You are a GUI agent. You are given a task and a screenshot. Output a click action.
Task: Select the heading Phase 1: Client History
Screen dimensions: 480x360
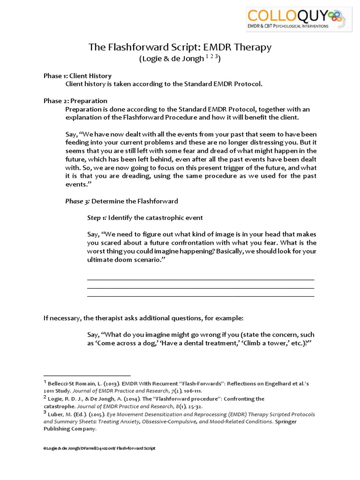coord(77,76)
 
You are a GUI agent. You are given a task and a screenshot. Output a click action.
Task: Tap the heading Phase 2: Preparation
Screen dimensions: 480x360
coord(75,101)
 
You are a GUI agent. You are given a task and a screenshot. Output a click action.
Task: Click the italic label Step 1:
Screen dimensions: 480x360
coord(97,218)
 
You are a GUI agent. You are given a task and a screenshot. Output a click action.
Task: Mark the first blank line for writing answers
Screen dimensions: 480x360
coord(201,279)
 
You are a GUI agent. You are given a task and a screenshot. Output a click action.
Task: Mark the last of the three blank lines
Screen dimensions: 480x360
coord(201,296)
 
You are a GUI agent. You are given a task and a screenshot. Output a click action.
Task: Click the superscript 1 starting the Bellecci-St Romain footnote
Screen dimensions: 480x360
coord(45,382)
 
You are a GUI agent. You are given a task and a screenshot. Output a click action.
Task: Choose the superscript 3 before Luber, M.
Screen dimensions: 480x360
coord(45,413)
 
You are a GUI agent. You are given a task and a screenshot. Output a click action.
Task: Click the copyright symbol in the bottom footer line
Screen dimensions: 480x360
coord(45,449)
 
